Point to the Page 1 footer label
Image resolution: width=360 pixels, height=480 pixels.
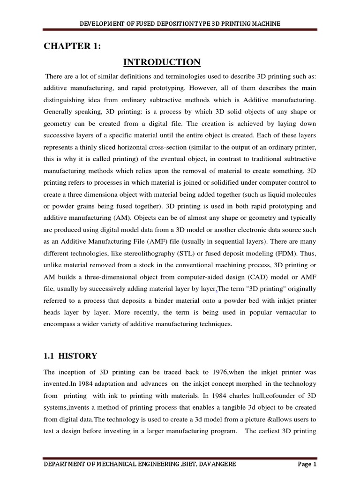pyautogui.click(x=307, y=464)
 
